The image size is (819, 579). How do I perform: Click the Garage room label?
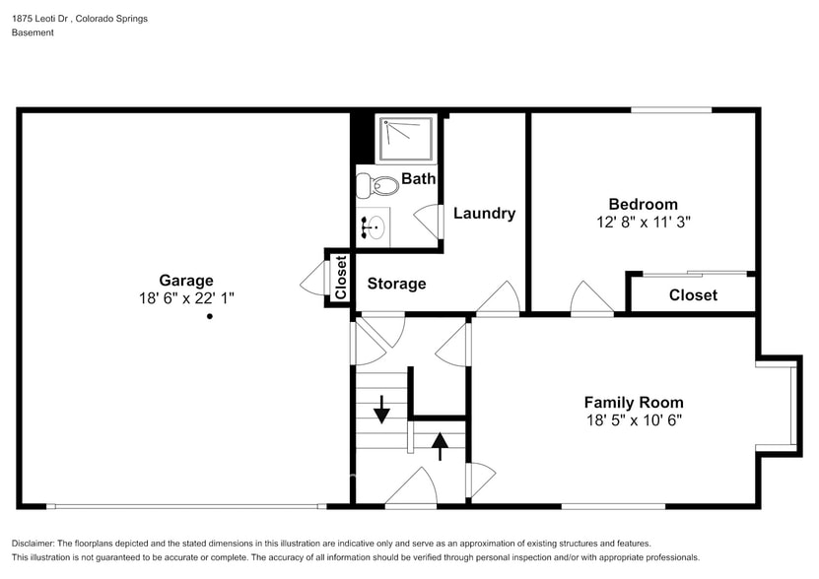pos(186,281)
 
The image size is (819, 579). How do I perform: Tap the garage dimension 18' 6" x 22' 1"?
pos(186,298)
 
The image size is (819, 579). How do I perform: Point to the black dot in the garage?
pos(210,316)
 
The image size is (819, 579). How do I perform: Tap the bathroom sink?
pos(373,227)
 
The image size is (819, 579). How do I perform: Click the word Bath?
pos(419,178)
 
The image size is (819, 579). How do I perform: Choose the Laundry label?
pos(484,213)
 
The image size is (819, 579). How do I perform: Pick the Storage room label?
pos(396,284)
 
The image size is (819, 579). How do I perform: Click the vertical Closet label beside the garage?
pos(341,278)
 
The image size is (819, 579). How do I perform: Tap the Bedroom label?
pos(643,204)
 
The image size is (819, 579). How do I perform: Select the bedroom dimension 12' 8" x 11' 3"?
pos(643,222)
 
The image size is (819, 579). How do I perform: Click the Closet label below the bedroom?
pos(693,295)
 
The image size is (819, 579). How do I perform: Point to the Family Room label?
pos(634,403)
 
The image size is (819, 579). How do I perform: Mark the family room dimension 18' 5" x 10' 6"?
pos(634,419)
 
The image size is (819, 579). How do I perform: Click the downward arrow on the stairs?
pos(381,409)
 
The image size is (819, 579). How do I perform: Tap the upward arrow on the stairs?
pos(440,446)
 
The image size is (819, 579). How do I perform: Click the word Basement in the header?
pos(33,32)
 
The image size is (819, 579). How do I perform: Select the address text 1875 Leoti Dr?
pos(41,19)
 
